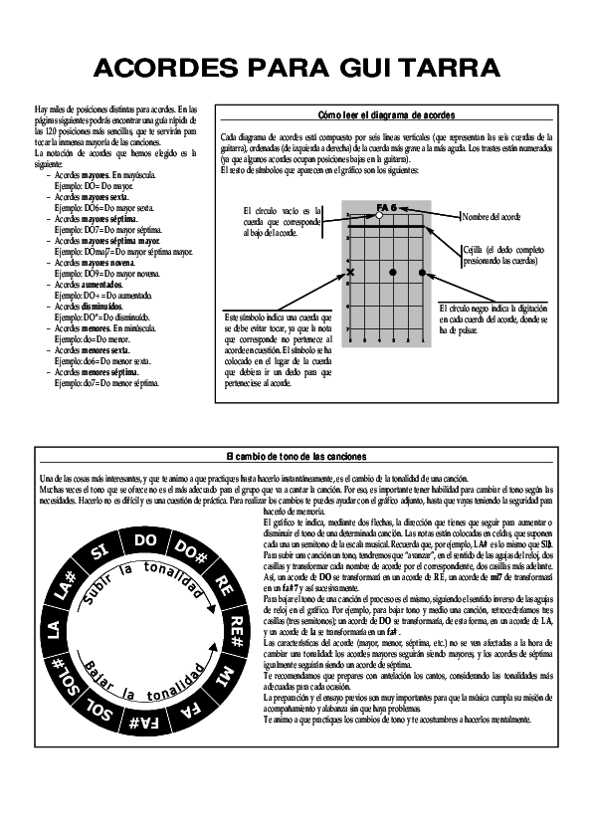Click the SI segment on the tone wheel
99,553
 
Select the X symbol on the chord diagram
349,271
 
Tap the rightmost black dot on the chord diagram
422,271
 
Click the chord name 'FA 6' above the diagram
386,206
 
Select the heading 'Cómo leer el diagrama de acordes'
386,115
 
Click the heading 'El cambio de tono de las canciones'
296,456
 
